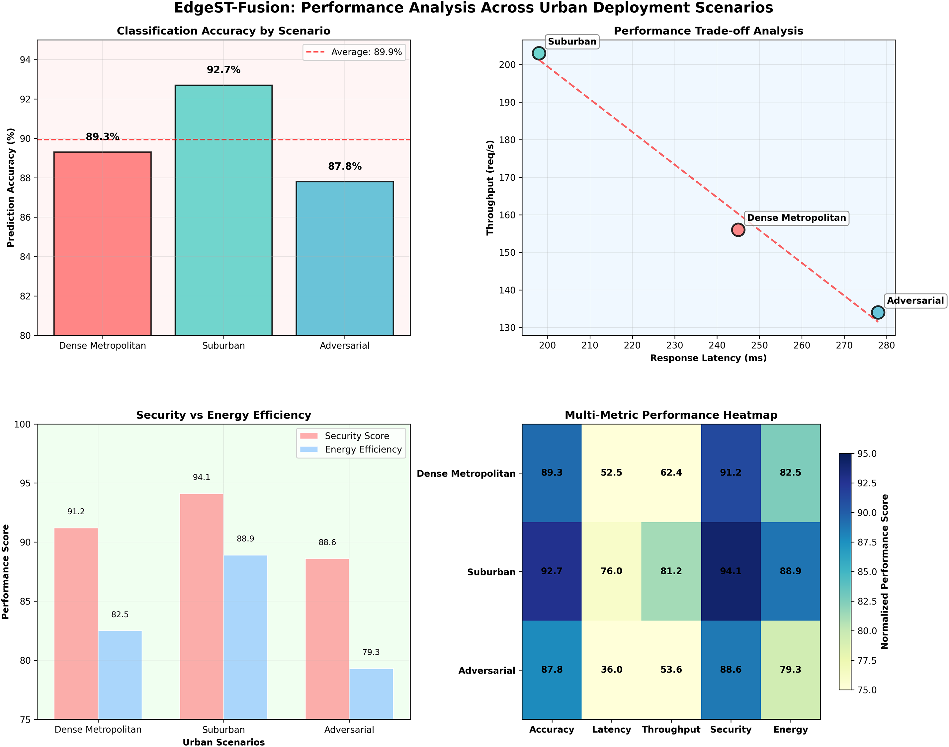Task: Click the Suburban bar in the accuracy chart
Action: (223, 210)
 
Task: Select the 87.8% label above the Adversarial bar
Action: (345, 166)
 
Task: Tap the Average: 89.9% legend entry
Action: (354, 52)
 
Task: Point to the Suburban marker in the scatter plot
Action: (539, 53)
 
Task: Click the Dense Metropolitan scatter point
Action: (738, 230)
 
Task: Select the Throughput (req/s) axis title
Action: (490, 188)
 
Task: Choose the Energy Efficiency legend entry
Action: (363, 450)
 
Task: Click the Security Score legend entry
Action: (356, 436)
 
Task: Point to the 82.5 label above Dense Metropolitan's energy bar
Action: (120, 615)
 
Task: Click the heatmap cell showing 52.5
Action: (611, 473)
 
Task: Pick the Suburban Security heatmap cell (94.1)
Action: (731, 571)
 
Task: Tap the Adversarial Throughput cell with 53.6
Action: (671, 670)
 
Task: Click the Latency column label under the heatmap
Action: (611, 729)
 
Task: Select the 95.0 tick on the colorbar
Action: (866, 454)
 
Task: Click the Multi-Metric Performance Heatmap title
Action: (671, 415)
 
